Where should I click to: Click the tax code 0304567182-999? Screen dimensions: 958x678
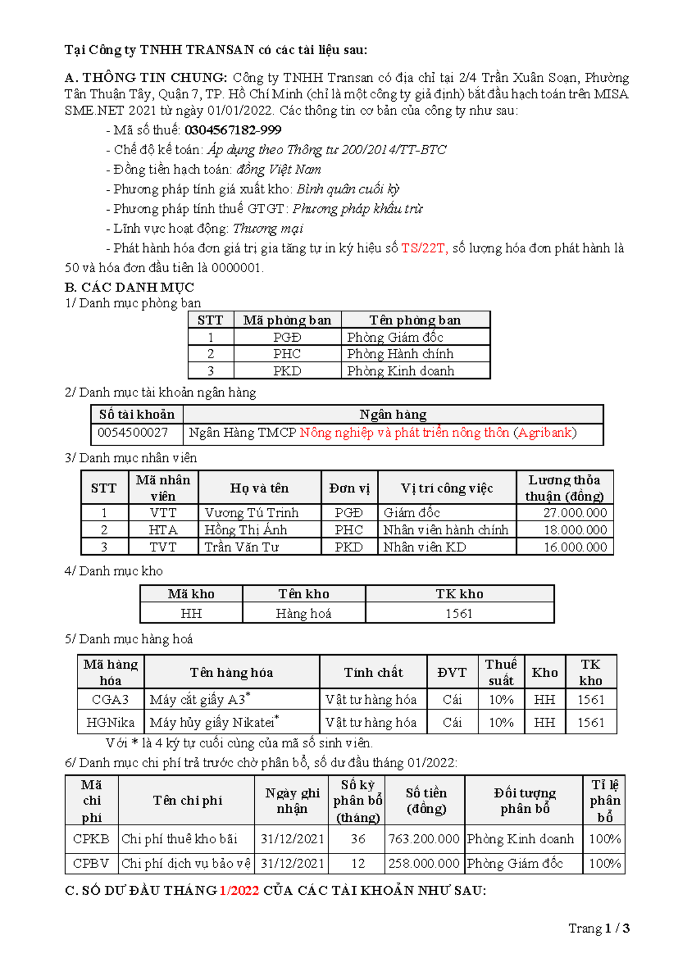pos(233,130)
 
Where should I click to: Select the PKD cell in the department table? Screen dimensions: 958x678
pos(287,371)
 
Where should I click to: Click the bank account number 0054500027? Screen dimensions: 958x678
pos(133,433)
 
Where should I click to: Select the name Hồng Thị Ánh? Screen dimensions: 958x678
pos(246,530)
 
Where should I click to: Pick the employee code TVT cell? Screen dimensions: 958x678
pos(163,547)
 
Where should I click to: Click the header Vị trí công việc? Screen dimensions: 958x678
pos(446,488)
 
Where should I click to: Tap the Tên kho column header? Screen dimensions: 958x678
pos(303,594)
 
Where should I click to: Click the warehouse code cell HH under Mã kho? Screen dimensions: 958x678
pos(191,613)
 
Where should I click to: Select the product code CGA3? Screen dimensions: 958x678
pos(110,700)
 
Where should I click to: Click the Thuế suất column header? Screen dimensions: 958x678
pos(501,672)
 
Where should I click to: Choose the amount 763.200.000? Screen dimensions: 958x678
pos(424,839)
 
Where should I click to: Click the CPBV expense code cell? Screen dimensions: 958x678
pos(91,864)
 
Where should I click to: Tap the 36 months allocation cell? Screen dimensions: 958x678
pos(358,839)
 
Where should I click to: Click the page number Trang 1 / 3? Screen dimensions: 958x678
pos(599,928)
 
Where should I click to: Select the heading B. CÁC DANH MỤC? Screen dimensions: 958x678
pos(129,288)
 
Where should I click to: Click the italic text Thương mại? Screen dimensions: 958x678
pos(268,229)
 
